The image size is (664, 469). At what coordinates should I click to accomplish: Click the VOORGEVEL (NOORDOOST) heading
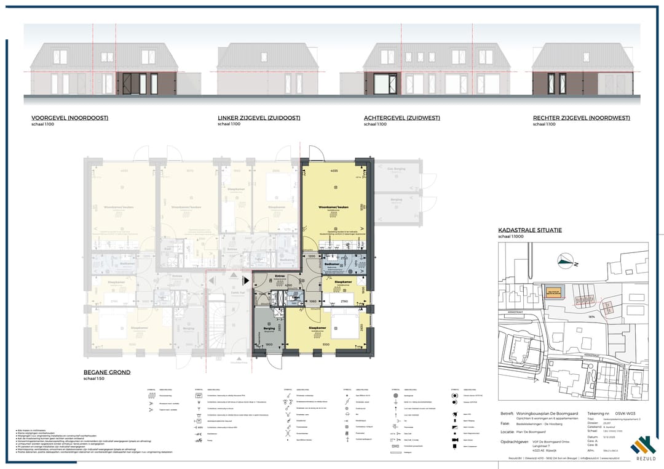coord(69,118)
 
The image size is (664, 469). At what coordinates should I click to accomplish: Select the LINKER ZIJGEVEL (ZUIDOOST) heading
coord(259,118)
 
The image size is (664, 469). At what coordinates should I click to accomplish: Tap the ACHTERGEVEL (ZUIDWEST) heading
coord(403,118)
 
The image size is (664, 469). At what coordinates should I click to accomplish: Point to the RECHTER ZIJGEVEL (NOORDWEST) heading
coord(581,118)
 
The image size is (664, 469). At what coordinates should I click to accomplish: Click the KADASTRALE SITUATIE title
coord(529,230)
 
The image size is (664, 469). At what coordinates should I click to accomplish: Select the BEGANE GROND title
coord(107,372)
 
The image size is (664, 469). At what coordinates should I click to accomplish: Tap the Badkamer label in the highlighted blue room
coord(333,265)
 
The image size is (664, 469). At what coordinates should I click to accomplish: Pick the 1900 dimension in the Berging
coord(269,345)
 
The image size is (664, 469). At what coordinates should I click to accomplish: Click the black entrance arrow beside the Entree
coord(247,281)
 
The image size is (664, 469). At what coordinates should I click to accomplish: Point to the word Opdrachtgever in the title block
coord(515,442)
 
